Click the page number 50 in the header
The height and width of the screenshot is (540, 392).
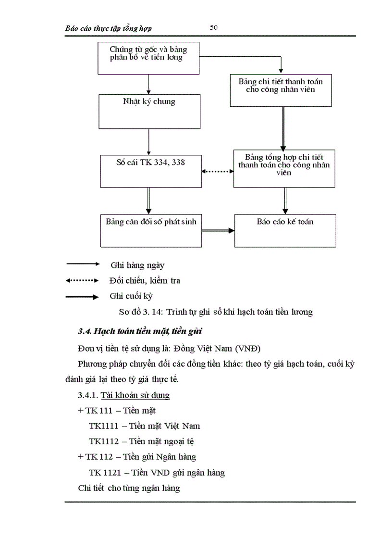point(214,27)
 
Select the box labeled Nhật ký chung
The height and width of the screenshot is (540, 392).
point(149,111)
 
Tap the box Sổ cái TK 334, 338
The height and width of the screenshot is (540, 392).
point(151,171)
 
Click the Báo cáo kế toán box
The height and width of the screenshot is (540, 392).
point(285,231)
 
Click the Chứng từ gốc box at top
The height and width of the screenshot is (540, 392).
point(148,58)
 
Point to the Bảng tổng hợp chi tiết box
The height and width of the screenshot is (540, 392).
point(284,168)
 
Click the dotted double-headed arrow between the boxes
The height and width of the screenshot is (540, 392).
point(218,171)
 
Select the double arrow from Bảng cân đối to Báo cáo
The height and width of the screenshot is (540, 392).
point(218,231)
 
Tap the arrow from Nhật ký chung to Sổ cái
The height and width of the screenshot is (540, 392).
point(149,142)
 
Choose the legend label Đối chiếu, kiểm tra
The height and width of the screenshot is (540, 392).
point(145,280)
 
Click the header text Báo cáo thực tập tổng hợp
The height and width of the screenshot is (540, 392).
point(109,28)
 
